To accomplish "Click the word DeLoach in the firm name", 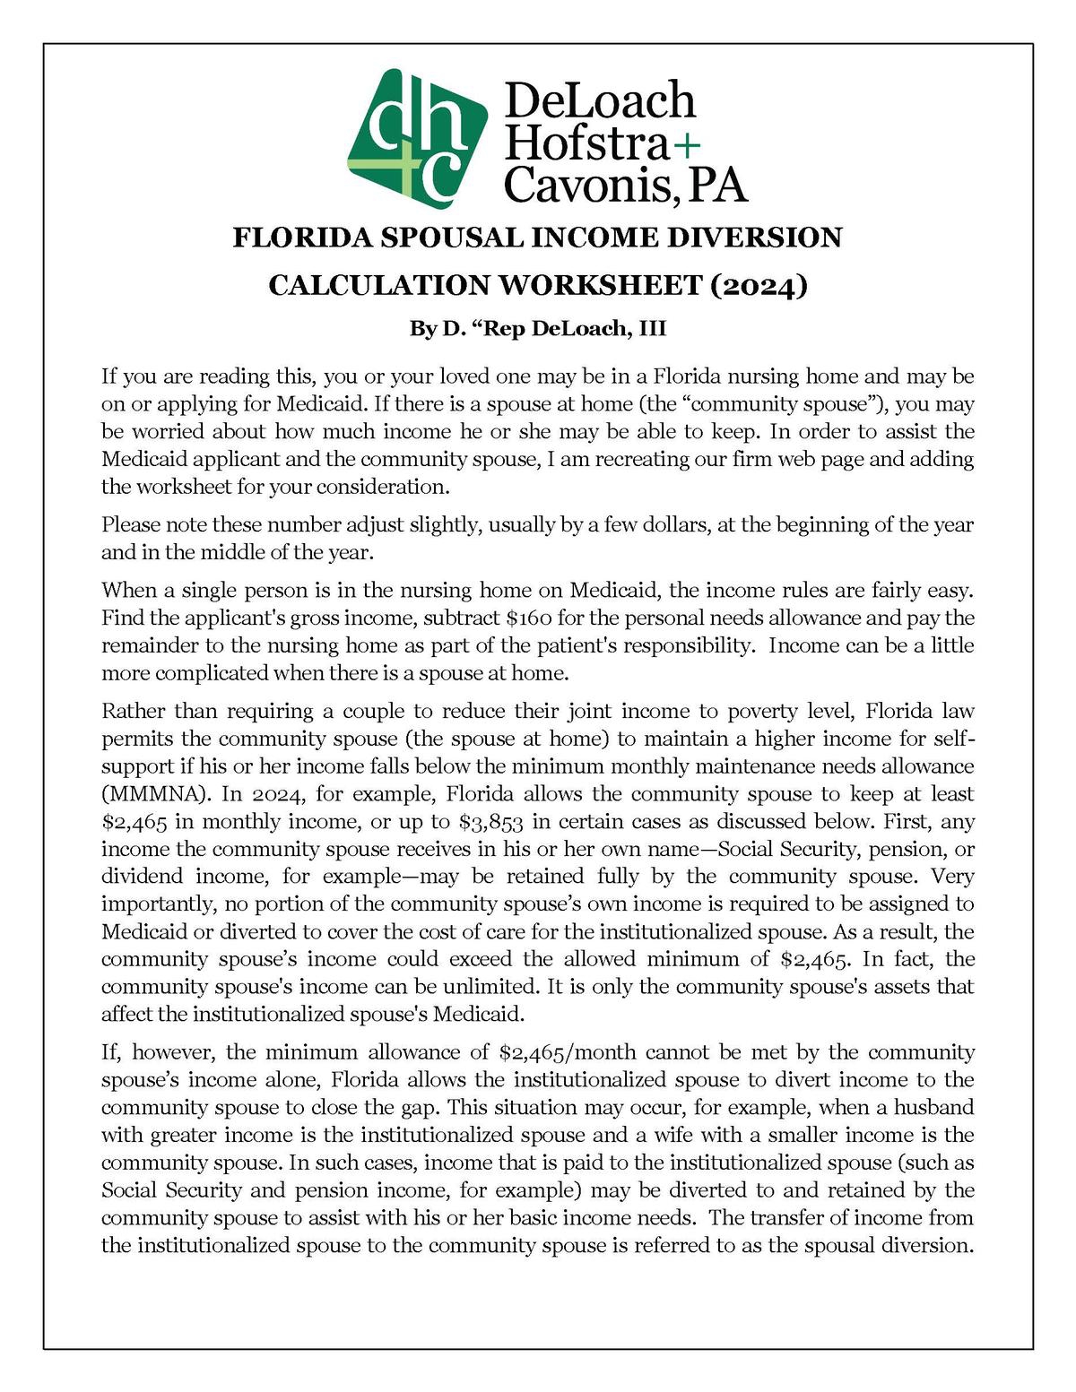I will [600, 100].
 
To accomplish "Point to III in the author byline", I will [652, 329].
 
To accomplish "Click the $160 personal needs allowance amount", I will [533, 618].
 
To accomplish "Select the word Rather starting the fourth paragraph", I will [133, 712].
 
